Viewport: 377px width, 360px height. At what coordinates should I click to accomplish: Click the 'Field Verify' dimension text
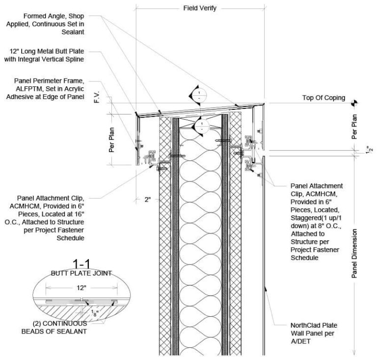pos(200,8)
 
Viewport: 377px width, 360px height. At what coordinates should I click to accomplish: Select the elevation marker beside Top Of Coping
pos(355,102)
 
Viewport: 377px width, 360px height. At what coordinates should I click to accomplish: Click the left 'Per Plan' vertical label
pos(112,141)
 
